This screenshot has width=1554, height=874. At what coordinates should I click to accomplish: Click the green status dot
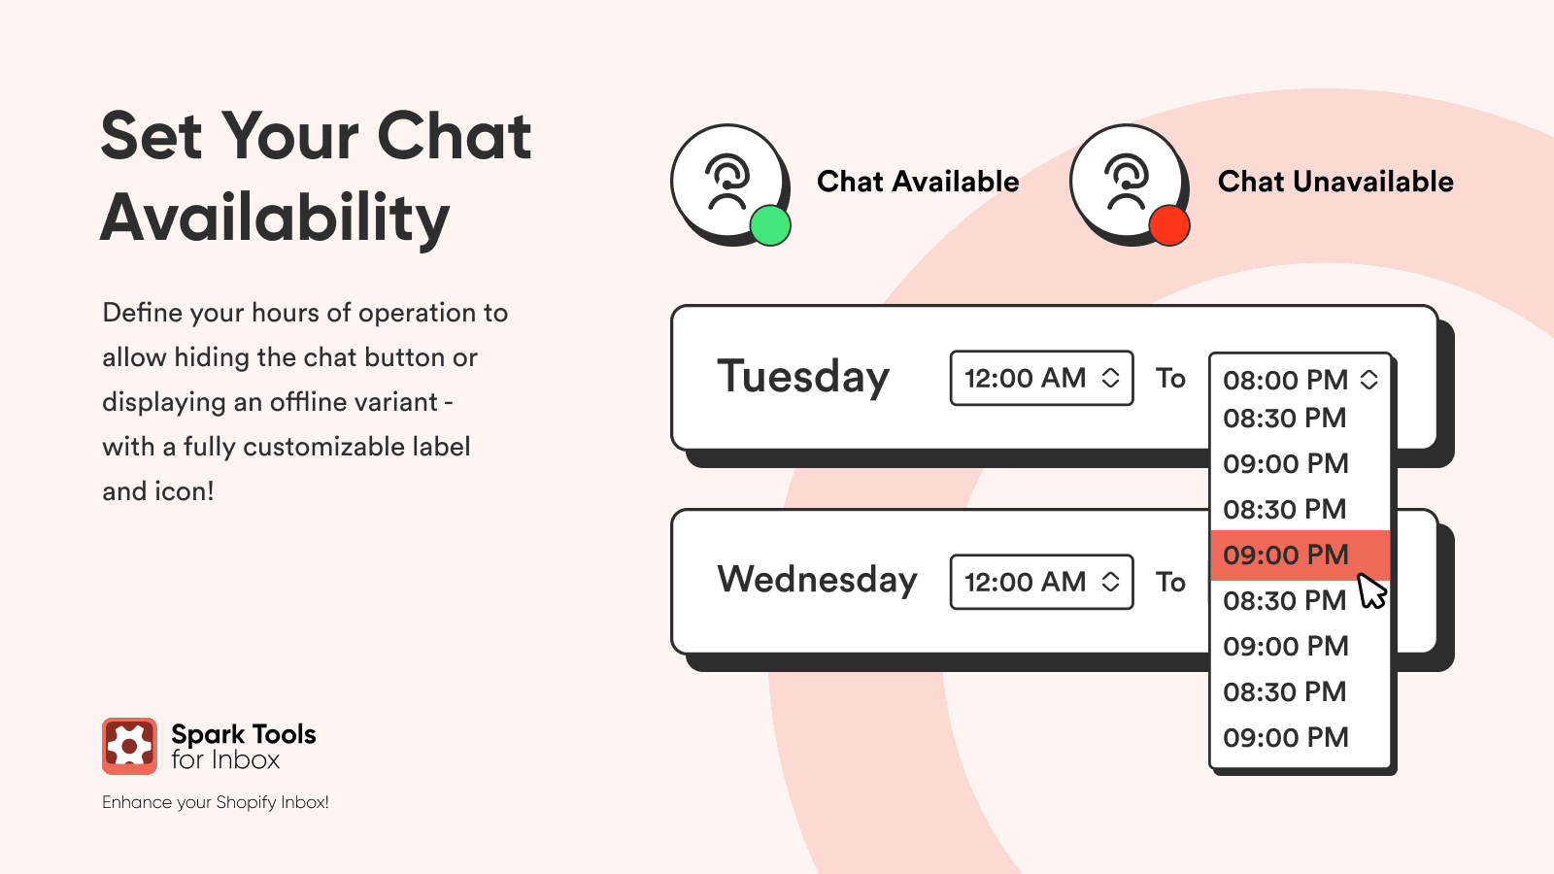pos(770,225)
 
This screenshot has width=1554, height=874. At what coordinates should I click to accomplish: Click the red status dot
pos(1169,225)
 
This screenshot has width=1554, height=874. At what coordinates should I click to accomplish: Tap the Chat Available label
pos(918,182)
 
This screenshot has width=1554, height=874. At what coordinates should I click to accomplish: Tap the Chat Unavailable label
pos(1335,182)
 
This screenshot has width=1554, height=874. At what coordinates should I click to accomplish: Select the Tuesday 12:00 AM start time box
pos(1041,378)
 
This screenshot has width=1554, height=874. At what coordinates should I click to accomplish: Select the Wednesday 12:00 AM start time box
pos(1041,582)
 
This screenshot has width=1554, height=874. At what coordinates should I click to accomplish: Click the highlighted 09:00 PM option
pos(1301,555)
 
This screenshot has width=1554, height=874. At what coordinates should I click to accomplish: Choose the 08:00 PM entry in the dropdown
pos(1286,380)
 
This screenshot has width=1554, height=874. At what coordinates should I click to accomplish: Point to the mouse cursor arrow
pos(1370,591)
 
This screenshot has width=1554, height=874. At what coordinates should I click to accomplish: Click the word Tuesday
pos(802,377)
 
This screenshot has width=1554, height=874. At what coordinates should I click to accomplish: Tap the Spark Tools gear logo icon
pos(130,746)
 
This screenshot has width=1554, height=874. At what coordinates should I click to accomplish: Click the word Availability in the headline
pos(275,218)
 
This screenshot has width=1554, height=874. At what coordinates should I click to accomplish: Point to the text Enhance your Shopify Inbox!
pos(215,802)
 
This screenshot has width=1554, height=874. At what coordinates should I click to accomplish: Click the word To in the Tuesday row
pos(1170,379)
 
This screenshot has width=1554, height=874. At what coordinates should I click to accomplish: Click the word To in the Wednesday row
pos(1170,583)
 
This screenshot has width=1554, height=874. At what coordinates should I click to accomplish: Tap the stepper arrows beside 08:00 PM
pos(1368,380)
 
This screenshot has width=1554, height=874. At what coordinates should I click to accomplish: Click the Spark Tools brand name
pos(244,734)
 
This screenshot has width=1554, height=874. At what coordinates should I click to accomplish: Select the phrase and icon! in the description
pos(158,491)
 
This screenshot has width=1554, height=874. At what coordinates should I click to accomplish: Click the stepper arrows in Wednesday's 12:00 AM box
pos(1111,582)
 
